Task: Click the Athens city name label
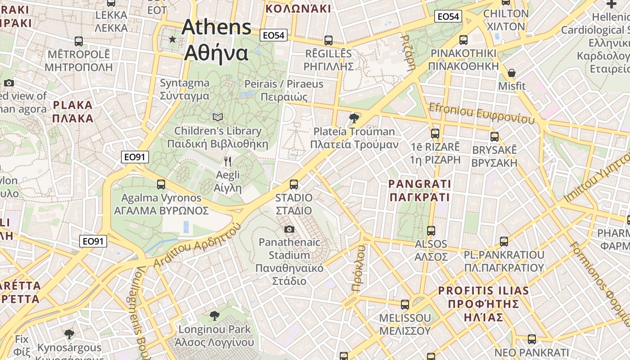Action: tap(216, 40)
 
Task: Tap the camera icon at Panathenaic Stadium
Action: tap(289, 229)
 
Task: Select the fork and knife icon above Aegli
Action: tap(228, 162)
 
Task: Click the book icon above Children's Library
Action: tap(218, 117)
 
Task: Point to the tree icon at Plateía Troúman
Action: tap(354, 118)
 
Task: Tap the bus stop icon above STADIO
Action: tap(294, 184)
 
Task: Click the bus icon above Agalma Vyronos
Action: tap(161, 184)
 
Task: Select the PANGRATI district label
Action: tap(419, 190)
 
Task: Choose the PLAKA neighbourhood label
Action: tap(72, 112)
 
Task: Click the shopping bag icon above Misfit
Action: tap(512, 73)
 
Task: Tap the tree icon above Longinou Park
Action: tap(215, 316)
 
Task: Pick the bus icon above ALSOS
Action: tap(431, 231)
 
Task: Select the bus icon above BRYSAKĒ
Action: tap(495, 136)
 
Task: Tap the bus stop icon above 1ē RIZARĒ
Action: tap(435, 133)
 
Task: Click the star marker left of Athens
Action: tap(172, 40)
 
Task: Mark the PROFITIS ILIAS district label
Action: tap(484, 304)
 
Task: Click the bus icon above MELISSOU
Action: tap(405, 305)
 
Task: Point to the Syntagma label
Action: tap(185, 89)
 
